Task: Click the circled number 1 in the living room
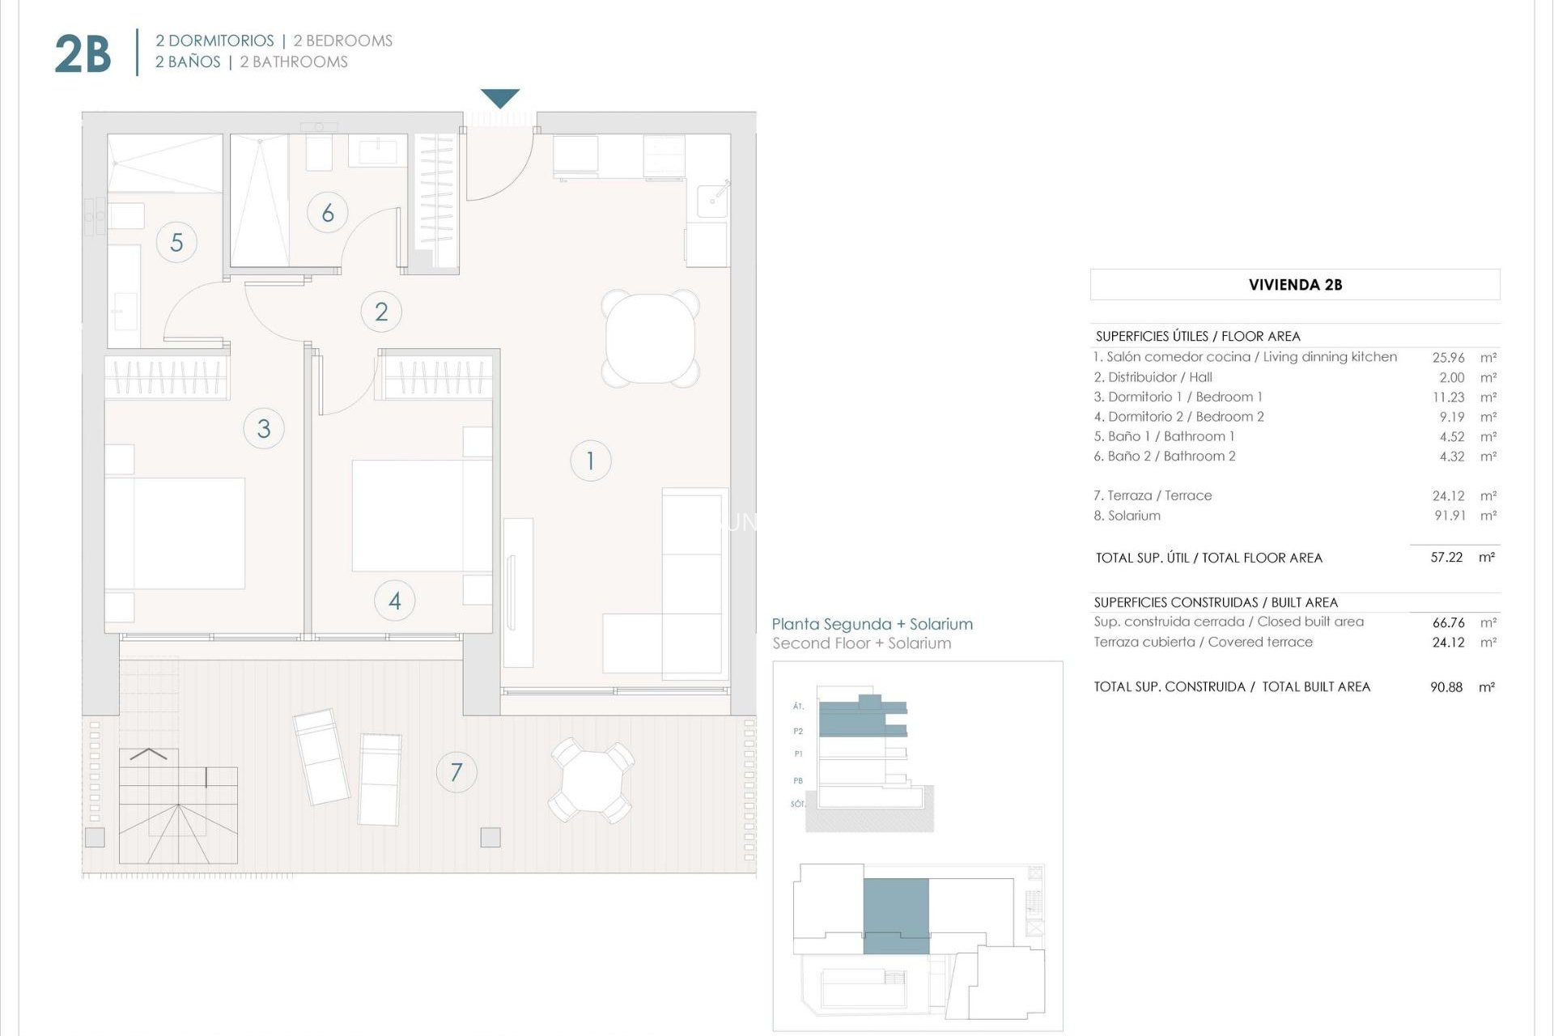tap(590, 461)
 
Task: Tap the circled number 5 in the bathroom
tap(176, 242)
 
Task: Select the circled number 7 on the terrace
tap(456, 772)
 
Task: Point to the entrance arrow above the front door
tap(500, 98)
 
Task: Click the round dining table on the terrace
tap(592, 779)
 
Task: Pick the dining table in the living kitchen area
tap(650, 338)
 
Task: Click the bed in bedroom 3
tap(175, 533)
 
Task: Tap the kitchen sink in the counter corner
tap(713, 199)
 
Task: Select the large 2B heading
tap(83, 54)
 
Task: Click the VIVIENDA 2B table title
tap(1294, 285)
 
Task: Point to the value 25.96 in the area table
tap(1448, 357)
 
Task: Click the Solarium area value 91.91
tap(1450, 516)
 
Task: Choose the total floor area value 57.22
tap(1446, 558)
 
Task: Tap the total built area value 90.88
tap(1446, 687)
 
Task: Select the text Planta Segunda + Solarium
tap(872, 624)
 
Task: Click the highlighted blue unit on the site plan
tap(896, 915)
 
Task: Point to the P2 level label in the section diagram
tap(798, 731)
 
